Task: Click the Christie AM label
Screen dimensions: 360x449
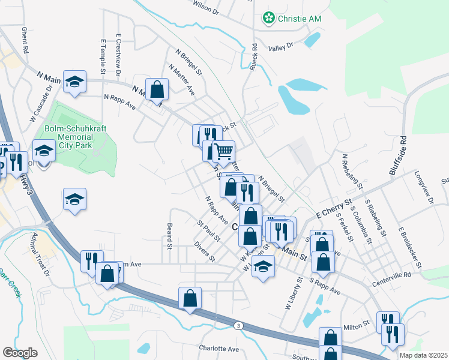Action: pos(299,19)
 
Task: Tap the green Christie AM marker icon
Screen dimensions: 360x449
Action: pos(268,19)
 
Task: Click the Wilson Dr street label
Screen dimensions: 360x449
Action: pos(206,7)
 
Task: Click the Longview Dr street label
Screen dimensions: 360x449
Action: pos(424,186)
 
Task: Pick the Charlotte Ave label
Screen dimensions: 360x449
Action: pos(219,349)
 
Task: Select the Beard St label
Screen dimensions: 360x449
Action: pos(170,236)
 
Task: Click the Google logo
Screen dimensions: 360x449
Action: pos(20,353)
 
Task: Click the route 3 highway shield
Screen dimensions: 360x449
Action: pos(238,325)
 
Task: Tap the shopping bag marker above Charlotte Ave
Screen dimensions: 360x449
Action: pos(190,298)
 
